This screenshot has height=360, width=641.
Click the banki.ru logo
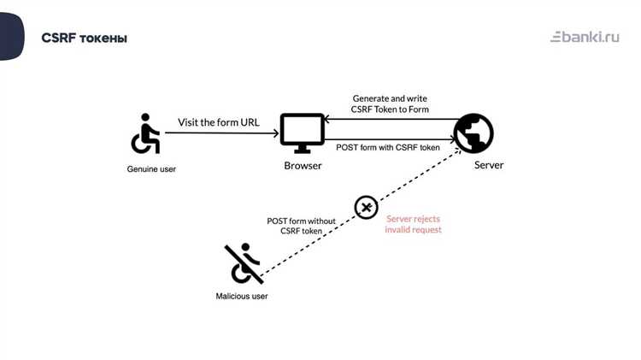585,37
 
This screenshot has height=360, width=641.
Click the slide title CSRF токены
84,38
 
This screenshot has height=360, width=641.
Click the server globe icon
473,133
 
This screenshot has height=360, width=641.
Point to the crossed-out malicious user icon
244,263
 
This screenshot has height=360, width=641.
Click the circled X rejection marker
366,207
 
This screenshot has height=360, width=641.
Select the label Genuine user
151,168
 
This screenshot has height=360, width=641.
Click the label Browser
303,165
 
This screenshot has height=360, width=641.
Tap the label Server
489,165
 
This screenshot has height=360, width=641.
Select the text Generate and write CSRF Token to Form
391,104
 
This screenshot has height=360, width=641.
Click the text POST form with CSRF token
388,148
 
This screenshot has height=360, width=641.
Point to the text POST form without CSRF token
301,226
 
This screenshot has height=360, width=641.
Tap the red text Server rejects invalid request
414,224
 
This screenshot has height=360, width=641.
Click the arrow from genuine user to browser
222,133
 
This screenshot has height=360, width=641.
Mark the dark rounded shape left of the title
11,37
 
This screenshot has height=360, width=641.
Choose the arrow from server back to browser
389,120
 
